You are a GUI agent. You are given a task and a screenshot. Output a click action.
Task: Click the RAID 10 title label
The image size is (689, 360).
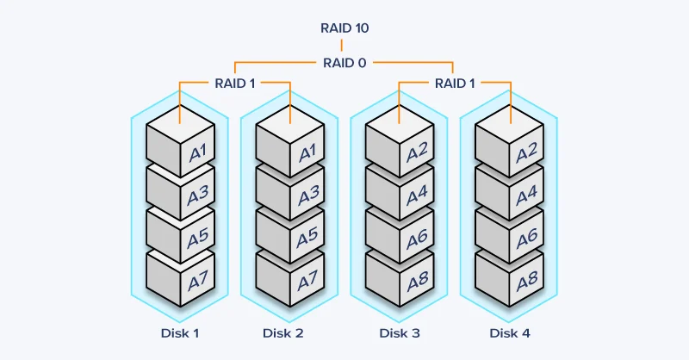coord(344,28)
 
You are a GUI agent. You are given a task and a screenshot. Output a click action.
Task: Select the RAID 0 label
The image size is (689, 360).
coord(344,62)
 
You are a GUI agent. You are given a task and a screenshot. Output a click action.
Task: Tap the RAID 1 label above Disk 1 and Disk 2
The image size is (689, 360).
coord(235,83)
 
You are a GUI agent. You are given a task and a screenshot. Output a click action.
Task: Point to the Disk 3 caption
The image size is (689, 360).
coord(400,332)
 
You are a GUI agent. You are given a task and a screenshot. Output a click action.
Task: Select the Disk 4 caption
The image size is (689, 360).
coord(510,332)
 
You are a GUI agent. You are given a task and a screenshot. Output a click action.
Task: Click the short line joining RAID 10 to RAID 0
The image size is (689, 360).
coord(344,46)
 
